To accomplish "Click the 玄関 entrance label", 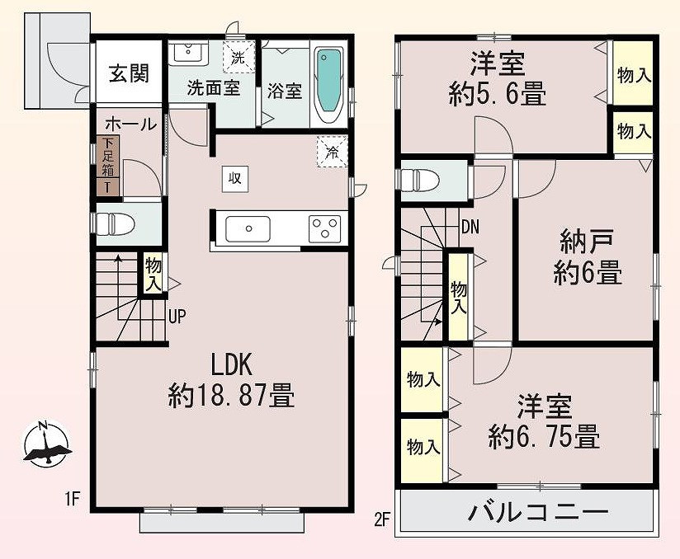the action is pos(129,73).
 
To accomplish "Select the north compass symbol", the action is pos(45,444).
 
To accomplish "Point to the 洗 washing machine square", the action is pos(238,58).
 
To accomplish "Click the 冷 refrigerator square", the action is pos(333,151).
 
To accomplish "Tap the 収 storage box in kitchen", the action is pos(235,179).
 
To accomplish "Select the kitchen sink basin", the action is pos(248,229).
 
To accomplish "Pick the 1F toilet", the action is pos(115,224).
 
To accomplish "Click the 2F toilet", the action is pos(420,180).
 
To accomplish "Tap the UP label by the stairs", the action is pos(177,317).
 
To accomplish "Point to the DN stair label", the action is pos(470,227).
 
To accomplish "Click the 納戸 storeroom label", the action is pos(586,242).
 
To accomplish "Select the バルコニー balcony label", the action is pos(538,512).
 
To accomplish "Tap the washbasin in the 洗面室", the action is pos(188,51).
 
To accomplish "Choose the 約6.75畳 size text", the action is pos(544,437).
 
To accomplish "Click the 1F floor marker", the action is pos(72,500).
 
